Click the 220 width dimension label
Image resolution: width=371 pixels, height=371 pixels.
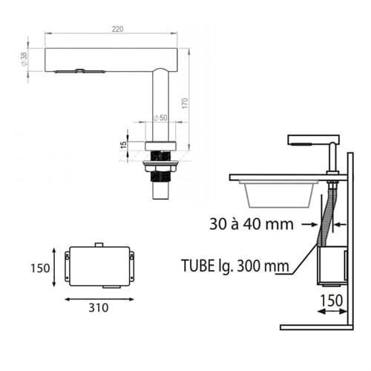(117, 29)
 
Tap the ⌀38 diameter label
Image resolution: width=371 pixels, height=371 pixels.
(24, 59)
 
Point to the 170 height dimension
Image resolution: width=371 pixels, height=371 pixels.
(185, 103)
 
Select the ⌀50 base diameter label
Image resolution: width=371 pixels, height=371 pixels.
(161, 118)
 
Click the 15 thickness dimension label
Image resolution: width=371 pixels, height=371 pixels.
(123, 145)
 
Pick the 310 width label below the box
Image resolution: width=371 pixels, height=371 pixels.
(99, 308)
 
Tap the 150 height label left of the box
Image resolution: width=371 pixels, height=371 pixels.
(40, 268)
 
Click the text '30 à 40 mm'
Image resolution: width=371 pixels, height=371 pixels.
(252, 224)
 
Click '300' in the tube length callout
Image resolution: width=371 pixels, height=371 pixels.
(249, 266)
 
